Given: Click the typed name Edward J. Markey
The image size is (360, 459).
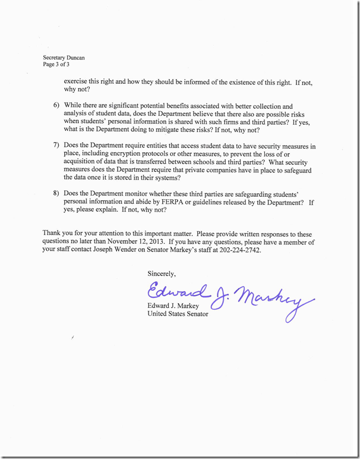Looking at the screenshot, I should [x=173, y=306].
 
